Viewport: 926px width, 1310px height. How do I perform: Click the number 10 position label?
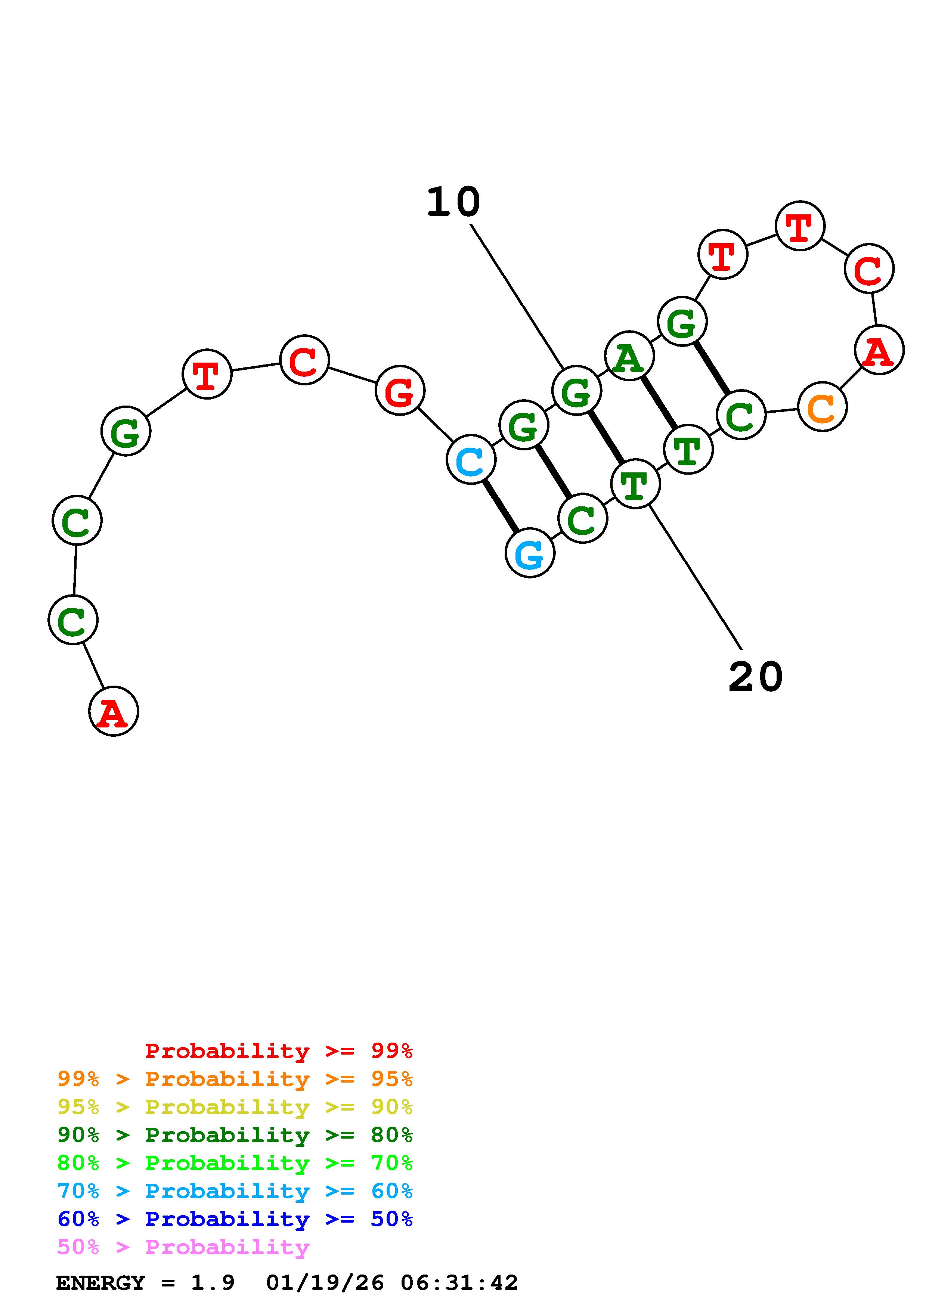point(453,202)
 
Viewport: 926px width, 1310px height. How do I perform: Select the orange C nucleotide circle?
point(822,407)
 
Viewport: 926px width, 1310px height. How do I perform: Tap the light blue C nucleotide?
point(471,460)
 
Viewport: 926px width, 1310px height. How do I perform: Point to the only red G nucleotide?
point(400,391)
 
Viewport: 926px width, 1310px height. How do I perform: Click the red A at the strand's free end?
point(114,711)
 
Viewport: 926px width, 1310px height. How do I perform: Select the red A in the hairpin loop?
point(879,350)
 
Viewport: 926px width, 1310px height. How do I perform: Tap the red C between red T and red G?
point(305,360)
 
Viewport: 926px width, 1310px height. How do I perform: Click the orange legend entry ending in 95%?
point(235,1079)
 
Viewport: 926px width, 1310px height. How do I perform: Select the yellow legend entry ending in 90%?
point(235,1107)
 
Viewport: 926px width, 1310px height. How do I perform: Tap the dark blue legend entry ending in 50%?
point(235,1219)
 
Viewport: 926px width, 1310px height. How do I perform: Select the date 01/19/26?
point(325,1283)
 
